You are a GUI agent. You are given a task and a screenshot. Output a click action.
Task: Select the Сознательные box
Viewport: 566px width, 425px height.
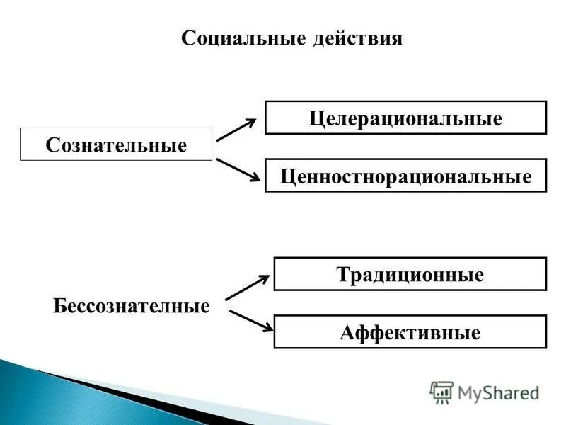coord(116,144)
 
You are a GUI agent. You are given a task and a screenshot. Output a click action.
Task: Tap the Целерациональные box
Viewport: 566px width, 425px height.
coord(405,118)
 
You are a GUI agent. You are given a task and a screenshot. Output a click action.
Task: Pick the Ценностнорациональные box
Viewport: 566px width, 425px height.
coord(405,176)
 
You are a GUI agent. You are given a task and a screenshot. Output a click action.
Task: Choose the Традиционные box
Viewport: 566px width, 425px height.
coord(410,274)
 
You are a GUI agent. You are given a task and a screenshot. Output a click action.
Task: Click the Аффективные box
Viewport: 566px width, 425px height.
coord(410,331)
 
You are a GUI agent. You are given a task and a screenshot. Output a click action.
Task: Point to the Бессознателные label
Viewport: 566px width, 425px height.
coord(132,307)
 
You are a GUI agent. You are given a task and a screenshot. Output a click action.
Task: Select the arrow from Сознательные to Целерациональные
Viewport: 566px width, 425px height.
coord(236,130)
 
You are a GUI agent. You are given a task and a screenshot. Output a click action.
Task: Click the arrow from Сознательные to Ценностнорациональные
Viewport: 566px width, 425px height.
coord(236,171)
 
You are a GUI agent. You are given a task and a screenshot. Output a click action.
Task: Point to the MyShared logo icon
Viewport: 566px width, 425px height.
coord(441,392)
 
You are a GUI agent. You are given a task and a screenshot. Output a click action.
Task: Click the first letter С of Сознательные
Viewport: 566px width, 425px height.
coord(51,145)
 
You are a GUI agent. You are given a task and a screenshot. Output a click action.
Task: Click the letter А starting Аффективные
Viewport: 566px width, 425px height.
coord(346,332)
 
